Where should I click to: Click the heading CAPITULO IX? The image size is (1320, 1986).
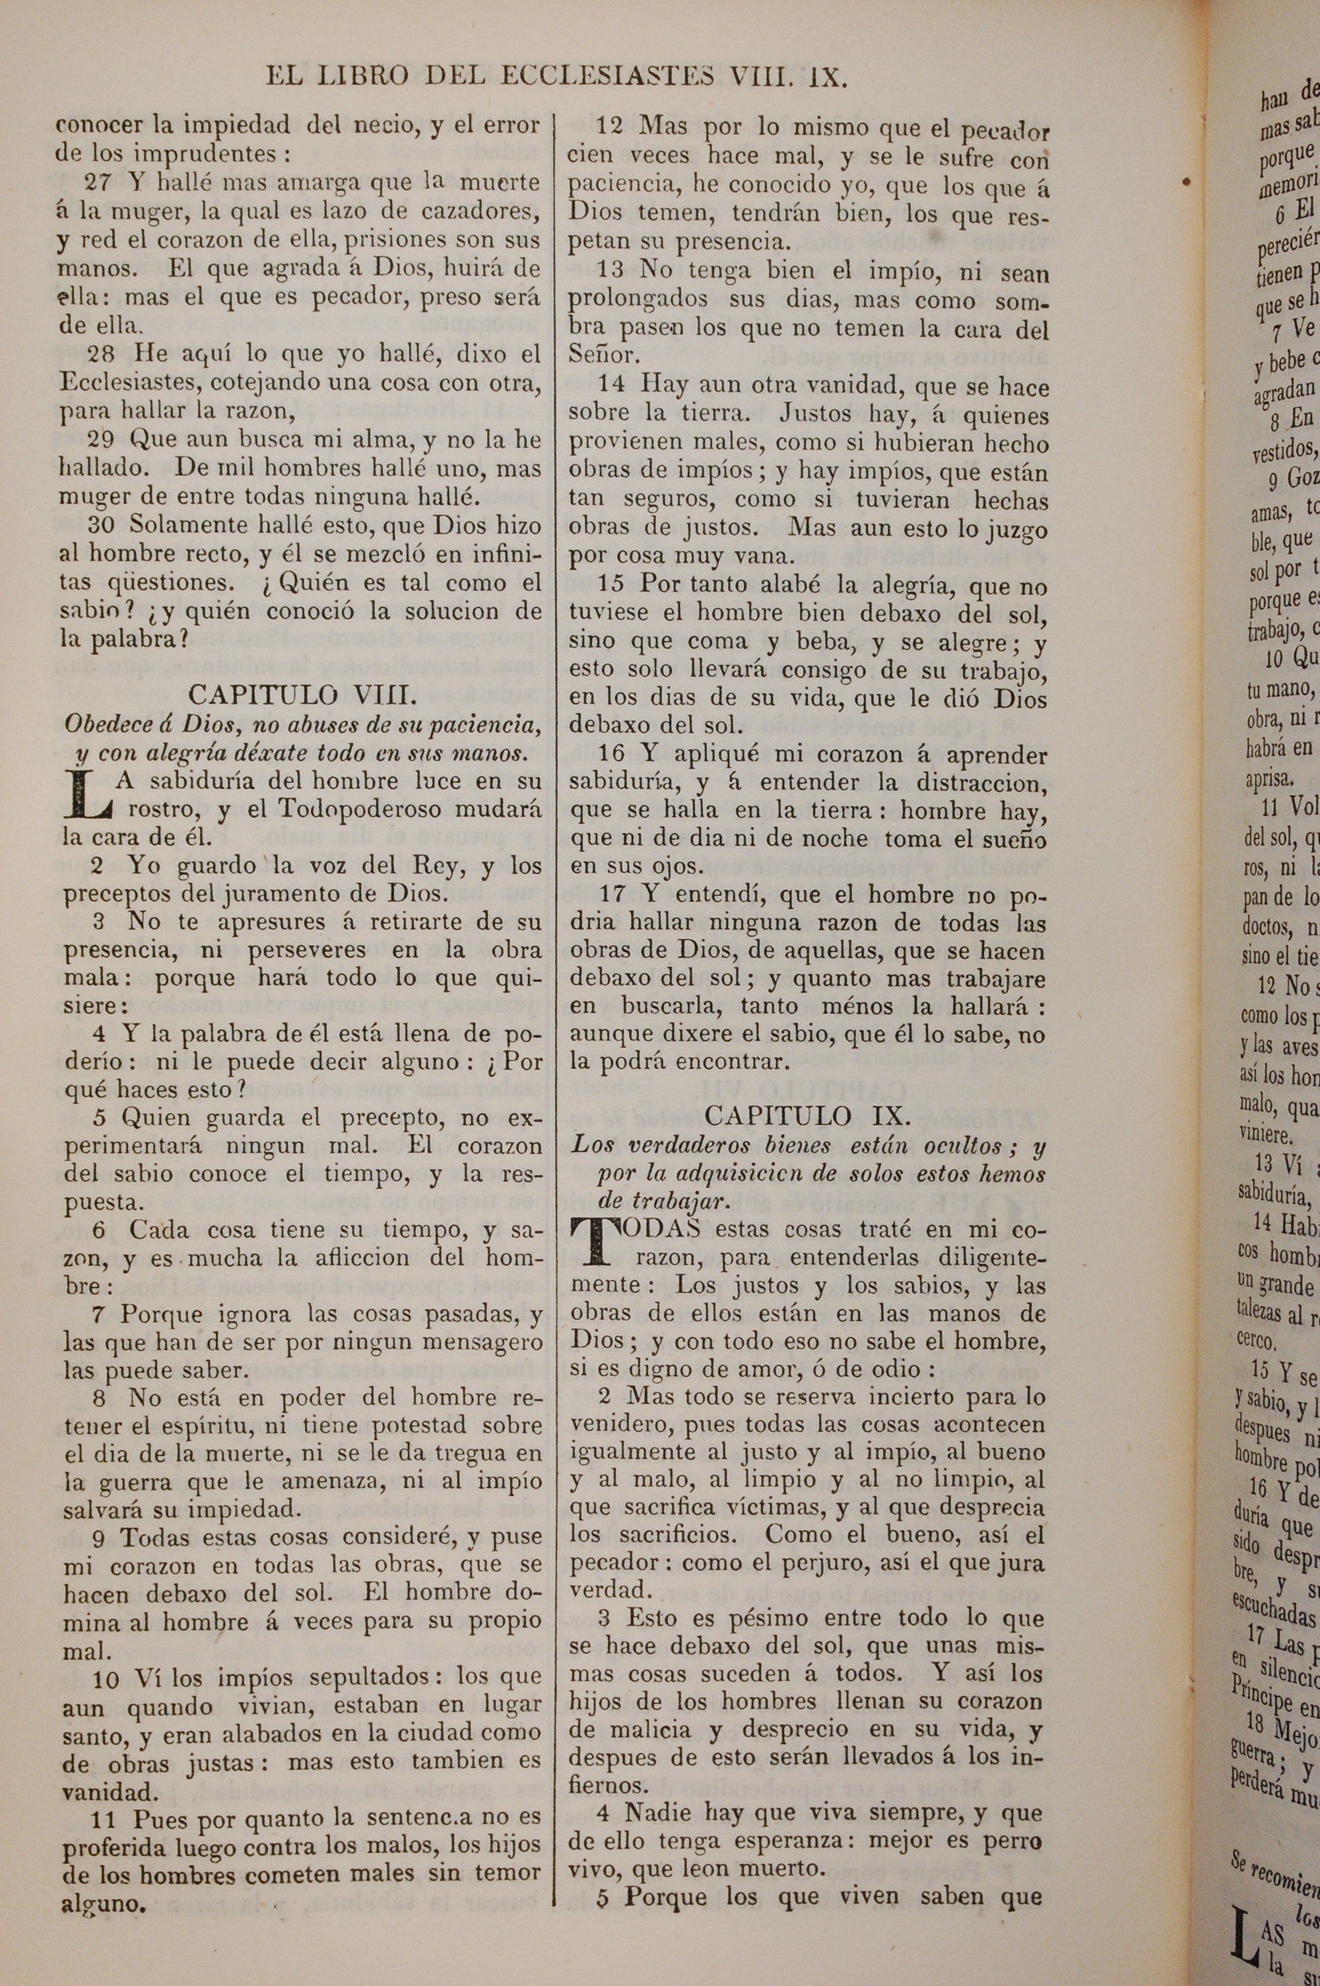[807, 1116]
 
